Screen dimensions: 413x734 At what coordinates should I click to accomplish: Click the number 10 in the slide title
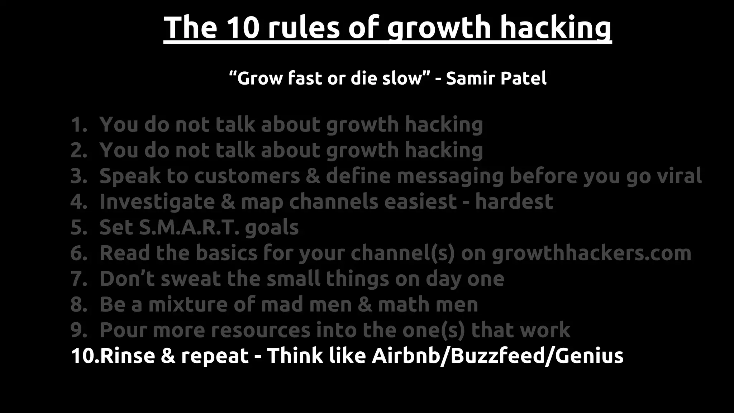point(243,28)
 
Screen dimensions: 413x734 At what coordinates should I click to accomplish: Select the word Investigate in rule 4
point(157,201)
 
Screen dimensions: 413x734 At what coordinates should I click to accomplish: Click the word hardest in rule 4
point(514,201)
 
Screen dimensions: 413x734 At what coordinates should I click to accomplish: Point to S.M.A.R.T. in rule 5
point(189,227)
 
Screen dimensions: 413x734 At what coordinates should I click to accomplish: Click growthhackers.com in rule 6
point(591,253)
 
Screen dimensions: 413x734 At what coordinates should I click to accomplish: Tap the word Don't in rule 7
point(127,279)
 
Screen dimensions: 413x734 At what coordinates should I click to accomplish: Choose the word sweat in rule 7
point(190,279)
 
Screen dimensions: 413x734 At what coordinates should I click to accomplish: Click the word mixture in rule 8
point(188,305)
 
